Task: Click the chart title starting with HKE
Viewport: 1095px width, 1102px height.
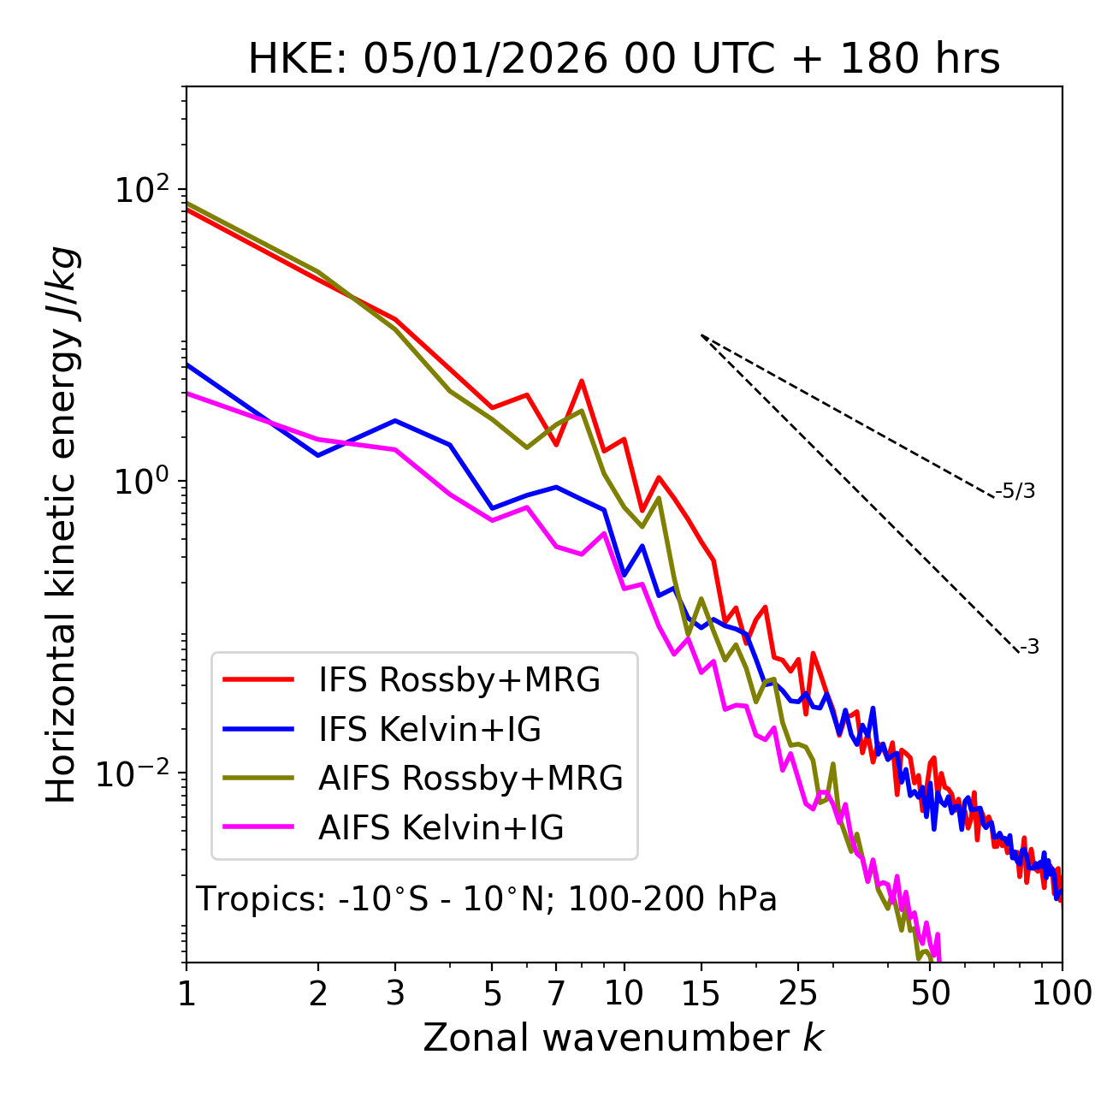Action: [x=624, y=60]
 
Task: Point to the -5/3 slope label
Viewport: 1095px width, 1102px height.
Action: [x=1015, y=492]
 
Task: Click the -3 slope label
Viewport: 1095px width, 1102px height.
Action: [x=1030, y=648]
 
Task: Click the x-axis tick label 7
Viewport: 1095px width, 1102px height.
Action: [x=556, y=993]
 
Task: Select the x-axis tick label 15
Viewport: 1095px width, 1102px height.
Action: [x=701, y=993]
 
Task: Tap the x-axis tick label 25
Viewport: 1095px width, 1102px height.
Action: [x=798, y=993]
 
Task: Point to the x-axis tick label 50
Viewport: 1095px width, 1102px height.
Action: [x=931, y=993]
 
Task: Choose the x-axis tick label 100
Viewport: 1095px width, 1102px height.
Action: [x=1062, y=993]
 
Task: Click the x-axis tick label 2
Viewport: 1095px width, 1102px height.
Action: [x=318, y=993]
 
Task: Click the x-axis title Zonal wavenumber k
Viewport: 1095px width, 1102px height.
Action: [x=624, y=1038]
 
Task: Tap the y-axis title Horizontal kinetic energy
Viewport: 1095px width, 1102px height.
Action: [x=62, y=524]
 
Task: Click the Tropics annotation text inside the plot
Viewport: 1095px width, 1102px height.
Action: [x=486, y=899]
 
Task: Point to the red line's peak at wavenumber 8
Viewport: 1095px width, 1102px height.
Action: [x=582, y=381]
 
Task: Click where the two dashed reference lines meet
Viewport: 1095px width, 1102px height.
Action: [x=701, y=335]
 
